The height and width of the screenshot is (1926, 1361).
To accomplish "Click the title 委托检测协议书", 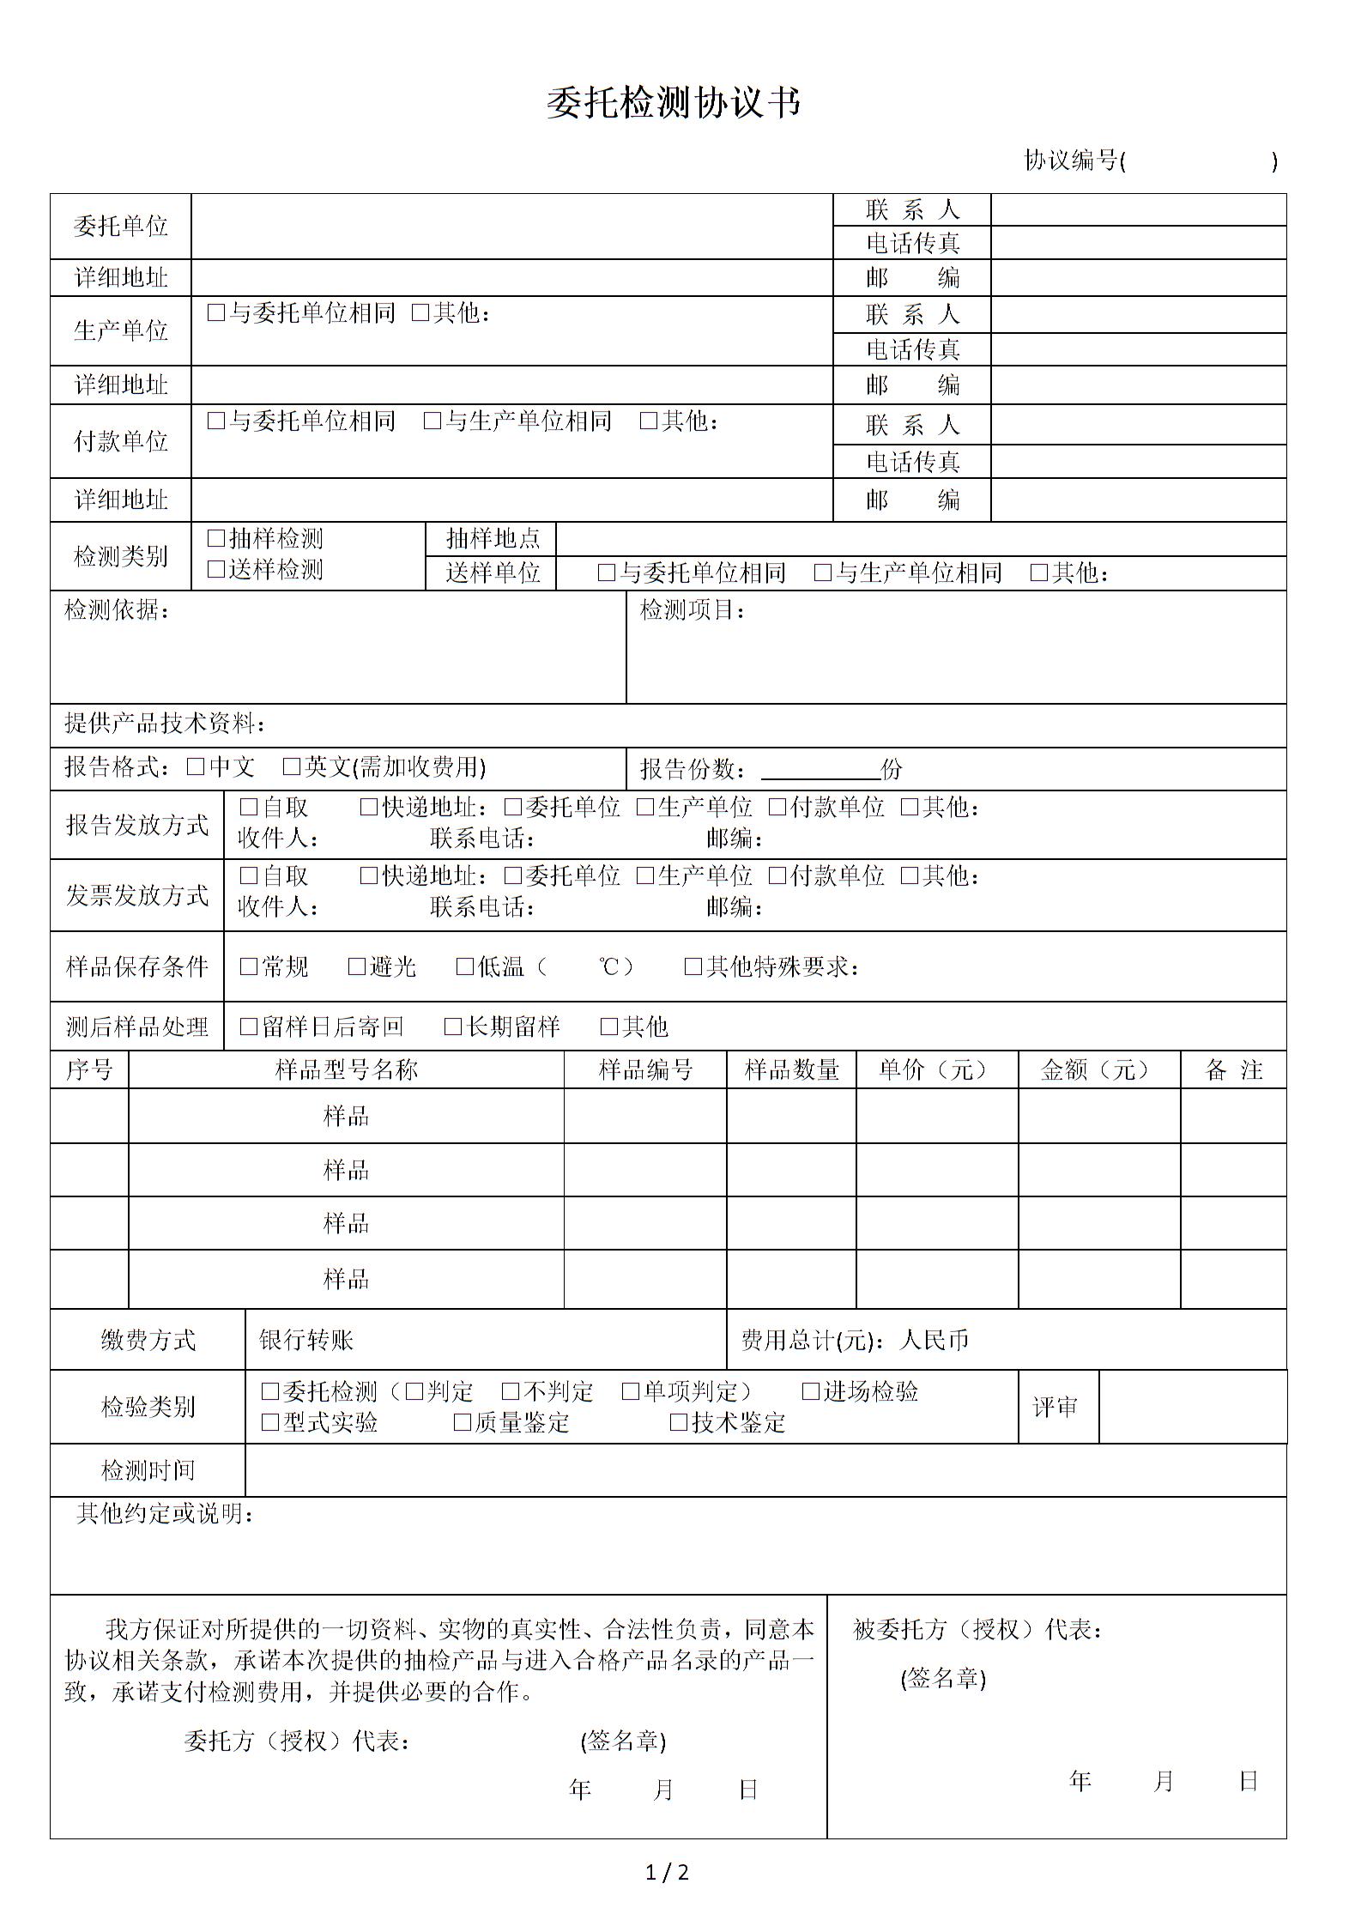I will [x=674, y=104].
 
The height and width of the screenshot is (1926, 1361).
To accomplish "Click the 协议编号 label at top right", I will [x=1072, y=160].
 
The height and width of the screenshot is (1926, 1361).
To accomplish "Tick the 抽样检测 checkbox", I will [x=216, y=538].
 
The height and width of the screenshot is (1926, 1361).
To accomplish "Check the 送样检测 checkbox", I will [x=216, y=569].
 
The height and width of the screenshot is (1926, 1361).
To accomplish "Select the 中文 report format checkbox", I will [x=196, y=766].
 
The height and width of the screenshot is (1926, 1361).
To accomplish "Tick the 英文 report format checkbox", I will [x=292, y=766].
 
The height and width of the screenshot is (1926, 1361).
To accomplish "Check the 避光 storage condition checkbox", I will [x=357, y=966].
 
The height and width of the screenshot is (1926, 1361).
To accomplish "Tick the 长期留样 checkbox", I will [x=453, y=1027].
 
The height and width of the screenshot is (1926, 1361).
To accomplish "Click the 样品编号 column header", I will [x=645, y=1069].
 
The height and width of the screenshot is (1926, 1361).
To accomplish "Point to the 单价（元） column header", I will [x=936, y=1069].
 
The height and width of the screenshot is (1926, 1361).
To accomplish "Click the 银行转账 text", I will [x=306, y=1340].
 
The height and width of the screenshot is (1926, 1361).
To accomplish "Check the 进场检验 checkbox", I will [x=810, y=1391].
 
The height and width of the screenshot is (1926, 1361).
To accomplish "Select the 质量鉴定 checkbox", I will [x=463, y=1422].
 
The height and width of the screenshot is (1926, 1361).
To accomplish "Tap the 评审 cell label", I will [x=1055, y=1407].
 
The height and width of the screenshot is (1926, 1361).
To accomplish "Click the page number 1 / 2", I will [x=667, y=1872].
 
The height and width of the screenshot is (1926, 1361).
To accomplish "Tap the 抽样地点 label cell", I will [x=493, y=538].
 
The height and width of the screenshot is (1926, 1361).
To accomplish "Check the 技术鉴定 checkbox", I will [x=679, y=1422].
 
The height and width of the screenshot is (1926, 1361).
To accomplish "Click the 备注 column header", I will [x=1233, y=1069].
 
